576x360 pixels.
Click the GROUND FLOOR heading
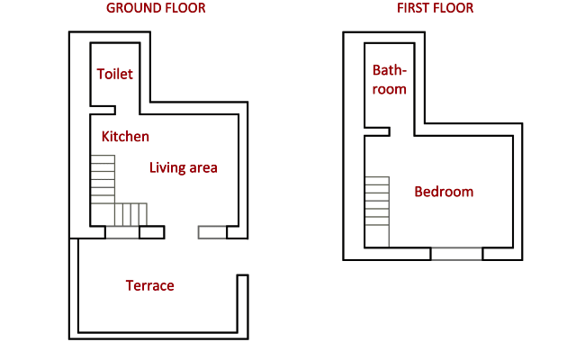[x=156, y=8]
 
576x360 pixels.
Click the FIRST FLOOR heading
[x=435, y=8]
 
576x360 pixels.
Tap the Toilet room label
[x=114, y=74]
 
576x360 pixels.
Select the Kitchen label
[x=125, y=136]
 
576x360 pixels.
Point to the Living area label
[x=184, y=168]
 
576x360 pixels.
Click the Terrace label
[x=150, y=285]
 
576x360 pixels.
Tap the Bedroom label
[x=444, y=192]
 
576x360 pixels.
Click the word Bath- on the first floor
[x=390, y=70]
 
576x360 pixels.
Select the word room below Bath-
[x=390, y=89]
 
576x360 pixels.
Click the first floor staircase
[x=377, y=211]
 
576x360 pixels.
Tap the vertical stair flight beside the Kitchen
[x=103, y=179]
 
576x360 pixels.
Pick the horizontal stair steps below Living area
[x=130, y=214]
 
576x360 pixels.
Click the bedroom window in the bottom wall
[x=456, y=254]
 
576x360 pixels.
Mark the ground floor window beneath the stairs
[x=122, y=232]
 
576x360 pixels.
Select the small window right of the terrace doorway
[x=212, y=232]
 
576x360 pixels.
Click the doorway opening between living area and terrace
[x=181, y=232]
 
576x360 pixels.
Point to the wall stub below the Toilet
[x=103, y=110]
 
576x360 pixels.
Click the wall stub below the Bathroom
[x=377, y=131]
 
